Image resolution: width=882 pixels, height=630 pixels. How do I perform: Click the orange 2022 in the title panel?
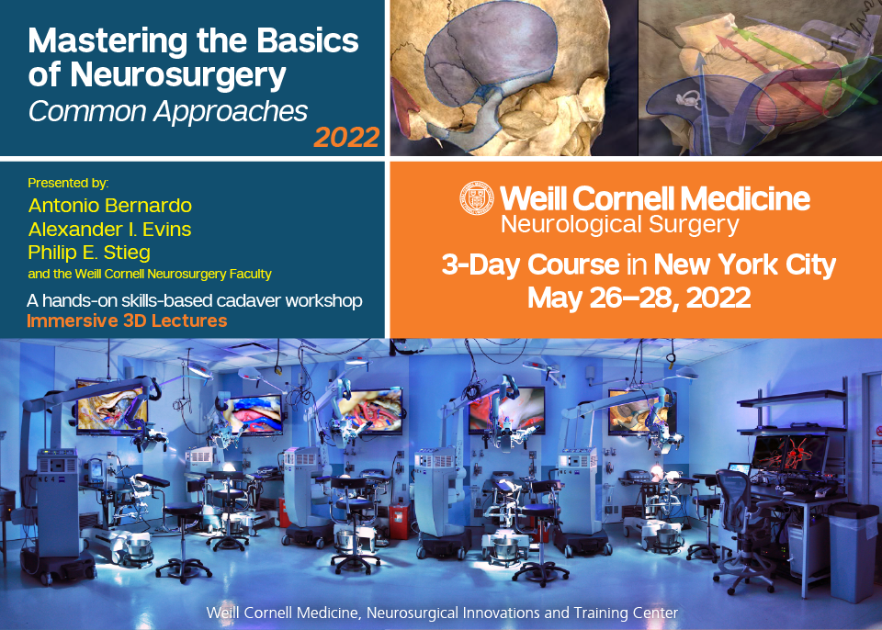[x=346, y=137]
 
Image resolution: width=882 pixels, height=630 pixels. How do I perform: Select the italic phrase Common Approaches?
[x=168, y=110]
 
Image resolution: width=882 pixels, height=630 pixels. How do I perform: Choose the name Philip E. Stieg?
[x=89, y=251]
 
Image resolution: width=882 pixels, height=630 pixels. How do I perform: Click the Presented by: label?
[x=68, y=183]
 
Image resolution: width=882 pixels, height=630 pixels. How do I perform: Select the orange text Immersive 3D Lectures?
[x=127, y=321]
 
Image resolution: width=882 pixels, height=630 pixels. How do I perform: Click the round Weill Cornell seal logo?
[x=476, y=198]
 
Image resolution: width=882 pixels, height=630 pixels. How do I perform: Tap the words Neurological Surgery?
[x=619, y=223]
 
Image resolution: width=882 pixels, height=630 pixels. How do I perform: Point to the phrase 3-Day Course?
[x=530, y=265]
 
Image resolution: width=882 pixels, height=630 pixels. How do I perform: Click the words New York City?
[x=744, y=265]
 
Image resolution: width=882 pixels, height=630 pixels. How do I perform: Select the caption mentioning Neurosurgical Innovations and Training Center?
[x=442, y=612]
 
